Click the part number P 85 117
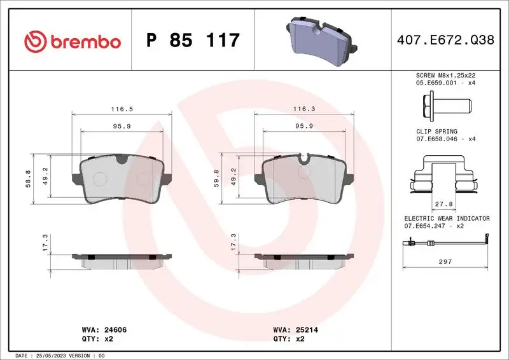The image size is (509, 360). (x=193, y=41)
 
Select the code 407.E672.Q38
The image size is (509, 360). (x=444, y=41)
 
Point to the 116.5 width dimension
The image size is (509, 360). (x=122, y=109)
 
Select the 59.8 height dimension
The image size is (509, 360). (x=216, y=180)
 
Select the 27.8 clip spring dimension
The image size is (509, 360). (x=443, y=204)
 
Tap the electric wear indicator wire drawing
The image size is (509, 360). (x=443, y=243)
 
